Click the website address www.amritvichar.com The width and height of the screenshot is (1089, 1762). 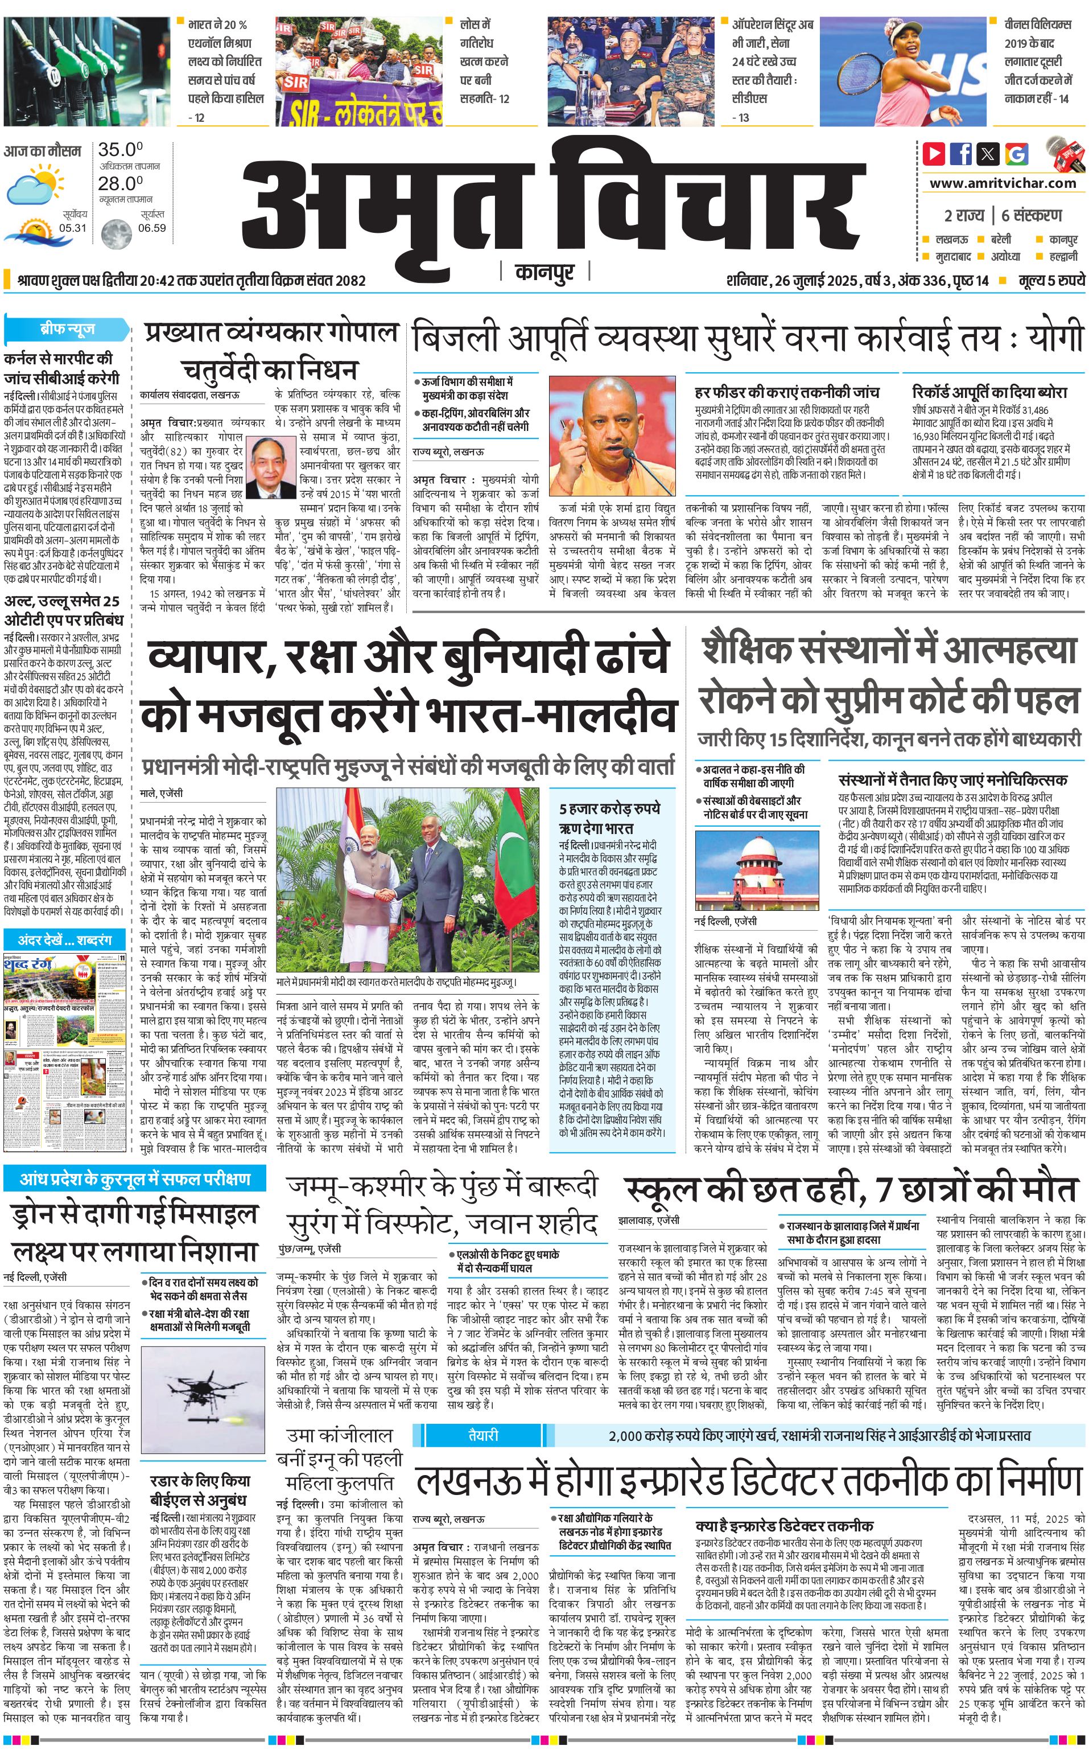[1003, 183]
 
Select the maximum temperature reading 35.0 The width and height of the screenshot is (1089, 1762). [120, 150]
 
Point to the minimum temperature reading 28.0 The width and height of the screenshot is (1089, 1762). [120, 183]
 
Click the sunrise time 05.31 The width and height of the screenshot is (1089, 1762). [73, 228]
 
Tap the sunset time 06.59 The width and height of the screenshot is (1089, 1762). [152, 228]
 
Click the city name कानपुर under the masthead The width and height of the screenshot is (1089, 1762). [544, 272]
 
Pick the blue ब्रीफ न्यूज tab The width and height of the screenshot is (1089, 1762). [67, 329]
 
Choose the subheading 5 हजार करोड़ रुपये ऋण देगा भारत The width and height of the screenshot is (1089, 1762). [609, 818]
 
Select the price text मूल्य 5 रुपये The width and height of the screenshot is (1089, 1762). [1051, 280]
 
